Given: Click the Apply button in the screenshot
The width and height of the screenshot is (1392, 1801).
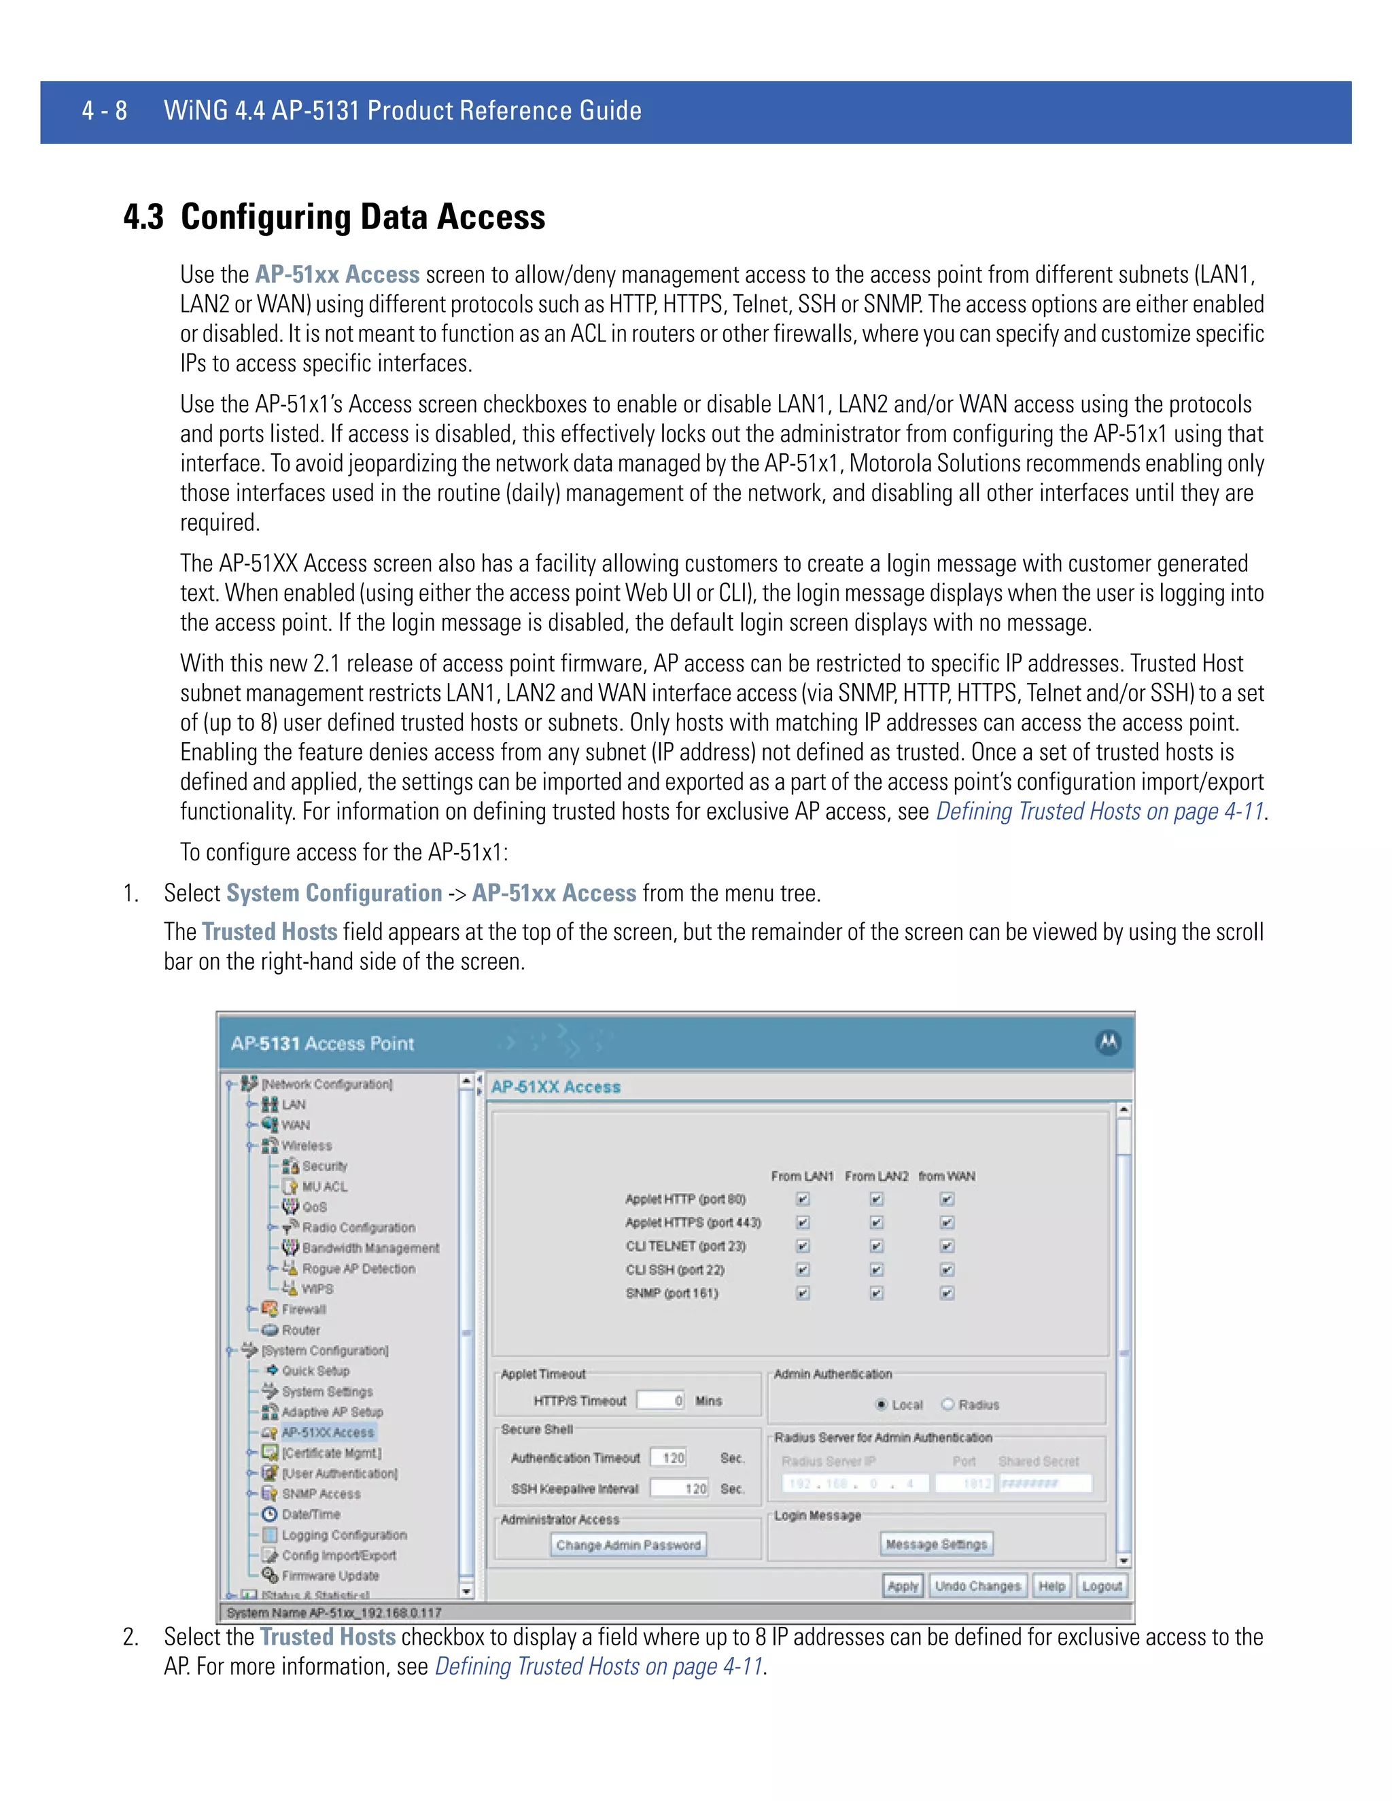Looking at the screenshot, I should point(902,1586).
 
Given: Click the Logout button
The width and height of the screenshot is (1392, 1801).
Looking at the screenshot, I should point(1101,1586).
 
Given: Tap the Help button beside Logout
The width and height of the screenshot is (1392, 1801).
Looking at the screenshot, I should point(1051,1586).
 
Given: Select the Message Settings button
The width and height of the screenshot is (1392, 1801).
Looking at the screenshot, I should point(936,1543).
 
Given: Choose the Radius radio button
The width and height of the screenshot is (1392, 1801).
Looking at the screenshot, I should point(947,1404).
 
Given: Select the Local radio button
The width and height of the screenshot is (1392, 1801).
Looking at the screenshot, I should point(882,1404).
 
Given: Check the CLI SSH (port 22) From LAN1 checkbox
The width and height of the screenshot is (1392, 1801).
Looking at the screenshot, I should point(803,1269).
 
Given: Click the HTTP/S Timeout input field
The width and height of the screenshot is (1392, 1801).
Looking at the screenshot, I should point(661,1400).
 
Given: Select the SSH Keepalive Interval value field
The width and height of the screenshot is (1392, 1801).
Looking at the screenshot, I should point(679,1488).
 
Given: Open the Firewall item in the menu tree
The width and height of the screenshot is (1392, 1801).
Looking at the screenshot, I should point(303,1310).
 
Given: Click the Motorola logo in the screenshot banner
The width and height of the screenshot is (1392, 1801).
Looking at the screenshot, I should point(1107,1043).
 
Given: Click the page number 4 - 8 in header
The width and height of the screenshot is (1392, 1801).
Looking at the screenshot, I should point(105,111).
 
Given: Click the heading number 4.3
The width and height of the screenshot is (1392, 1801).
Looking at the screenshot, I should point(143,217).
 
